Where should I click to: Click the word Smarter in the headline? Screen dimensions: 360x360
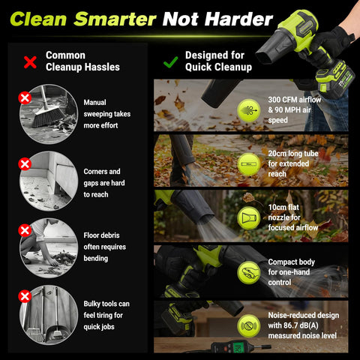point(115,19)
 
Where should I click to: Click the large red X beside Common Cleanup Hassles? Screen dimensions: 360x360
point(30,62)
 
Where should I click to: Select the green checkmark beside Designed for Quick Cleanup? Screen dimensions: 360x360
point(171,61)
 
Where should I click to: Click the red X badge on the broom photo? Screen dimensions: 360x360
point(25,97)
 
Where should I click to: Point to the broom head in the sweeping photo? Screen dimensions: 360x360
point(48,116)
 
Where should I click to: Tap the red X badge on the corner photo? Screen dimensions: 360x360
point(25,164)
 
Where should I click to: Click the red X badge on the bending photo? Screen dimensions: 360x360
point(25,230)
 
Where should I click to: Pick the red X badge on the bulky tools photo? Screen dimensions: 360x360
point(25,296)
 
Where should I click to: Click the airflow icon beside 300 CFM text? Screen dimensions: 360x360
point(249,110)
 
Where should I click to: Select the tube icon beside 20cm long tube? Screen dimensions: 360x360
point(249,164)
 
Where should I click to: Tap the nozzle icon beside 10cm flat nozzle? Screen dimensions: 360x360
point(249,218)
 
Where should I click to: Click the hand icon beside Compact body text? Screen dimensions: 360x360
point(249,272)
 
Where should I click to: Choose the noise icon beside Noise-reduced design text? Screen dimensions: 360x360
point(249,326)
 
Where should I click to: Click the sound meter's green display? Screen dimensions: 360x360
point(238,347)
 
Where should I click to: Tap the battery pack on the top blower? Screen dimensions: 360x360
point(335,76)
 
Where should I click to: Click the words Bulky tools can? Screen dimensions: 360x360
point(106,304)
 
